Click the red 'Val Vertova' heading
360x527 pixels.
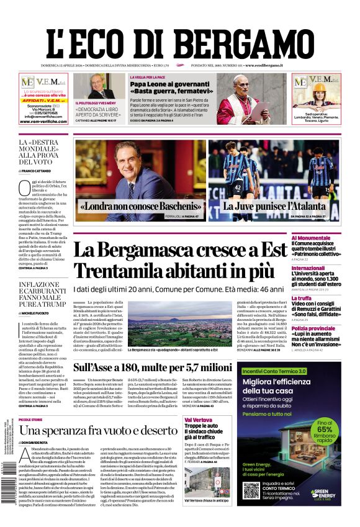(199, 420)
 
